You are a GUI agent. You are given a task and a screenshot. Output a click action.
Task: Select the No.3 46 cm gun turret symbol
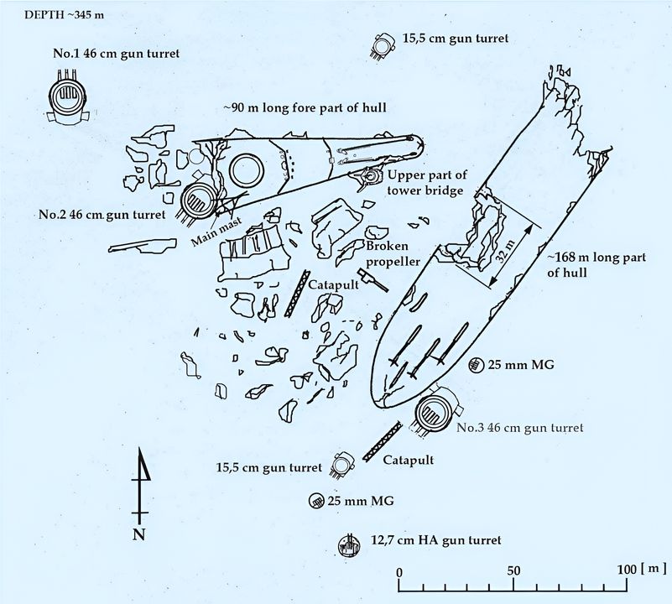(435, 413)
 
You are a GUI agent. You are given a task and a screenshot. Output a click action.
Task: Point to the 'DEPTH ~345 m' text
(49, 15)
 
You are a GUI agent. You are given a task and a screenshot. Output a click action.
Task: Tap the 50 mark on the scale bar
(513, 570)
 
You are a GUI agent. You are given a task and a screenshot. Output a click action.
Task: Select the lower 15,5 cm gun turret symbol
(341, 464)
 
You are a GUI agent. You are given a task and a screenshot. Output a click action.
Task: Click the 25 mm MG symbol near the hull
(475, 364)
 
